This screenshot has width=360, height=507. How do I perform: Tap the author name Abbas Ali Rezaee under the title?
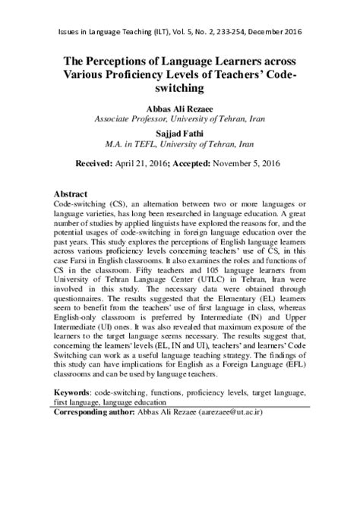point(179,108)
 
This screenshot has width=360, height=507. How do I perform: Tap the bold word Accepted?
point(202,164)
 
